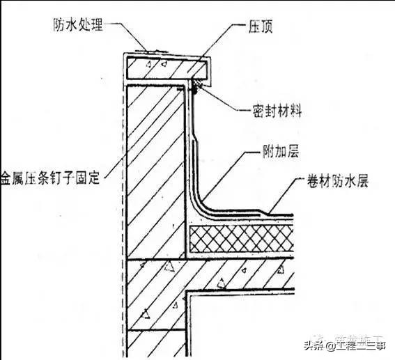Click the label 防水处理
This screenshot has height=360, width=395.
click(78, 26)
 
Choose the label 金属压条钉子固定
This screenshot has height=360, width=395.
click(52, 178)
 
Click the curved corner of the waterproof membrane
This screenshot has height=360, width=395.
click(203, 203)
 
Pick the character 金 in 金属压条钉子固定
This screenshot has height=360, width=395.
click(8, 178)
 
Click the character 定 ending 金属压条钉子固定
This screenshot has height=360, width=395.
click(96, 178)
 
